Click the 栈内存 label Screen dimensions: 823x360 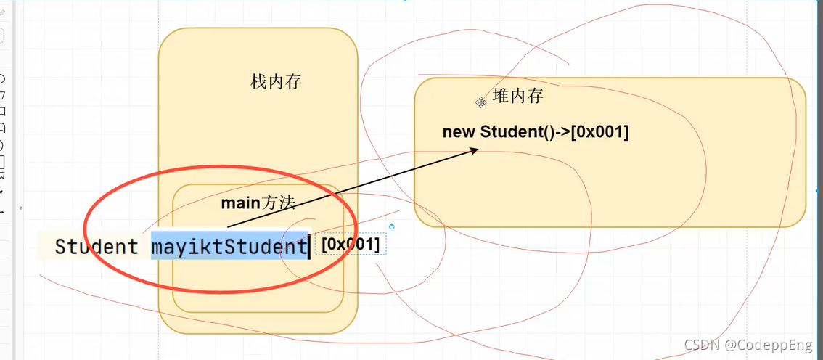tap(276, 82)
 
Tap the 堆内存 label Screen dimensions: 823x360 tap(517, 96)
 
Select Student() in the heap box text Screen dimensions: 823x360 tap(516, 132)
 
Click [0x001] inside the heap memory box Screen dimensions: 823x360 tap(600, 132)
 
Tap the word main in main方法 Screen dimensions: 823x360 tap(240, 204)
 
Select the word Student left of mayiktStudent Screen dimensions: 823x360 tap(97, 247)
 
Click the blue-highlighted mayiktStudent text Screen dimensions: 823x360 tap(229, 247)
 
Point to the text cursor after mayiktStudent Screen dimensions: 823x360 tap(310, 247)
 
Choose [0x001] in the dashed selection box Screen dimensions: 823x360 tap(351, 245)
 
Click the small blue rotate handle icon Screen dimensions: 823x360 tap(392, 227)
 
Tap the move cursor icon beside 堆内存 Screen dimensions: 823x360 tap(480, 103)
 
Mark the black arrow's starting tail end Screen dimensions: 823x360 tap(227, 227)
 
